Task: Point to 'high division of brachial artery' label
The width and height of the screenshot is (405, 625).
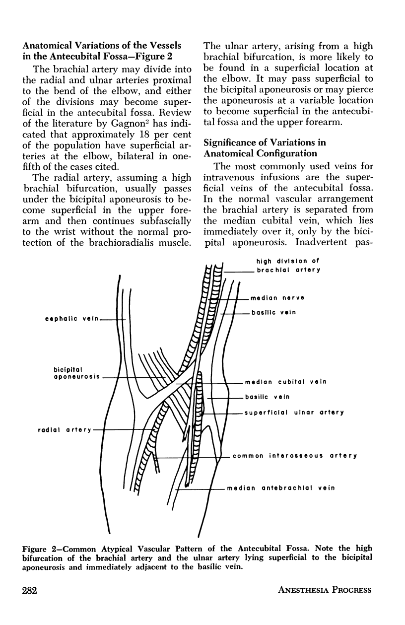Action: point(288,266)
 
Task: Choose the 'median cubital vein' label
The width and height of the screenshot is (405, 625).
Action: point(285,383)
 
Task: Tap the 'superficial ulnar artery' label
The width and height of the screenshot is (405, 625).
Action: point(294,413)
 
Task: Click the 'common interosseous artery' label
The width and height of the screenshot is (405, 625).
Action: point(295,456)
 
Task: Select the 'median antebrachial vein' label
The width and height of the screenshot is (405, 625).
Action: point(281,488)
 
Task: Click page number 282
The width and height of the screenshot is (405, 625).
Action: point(31,590)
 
